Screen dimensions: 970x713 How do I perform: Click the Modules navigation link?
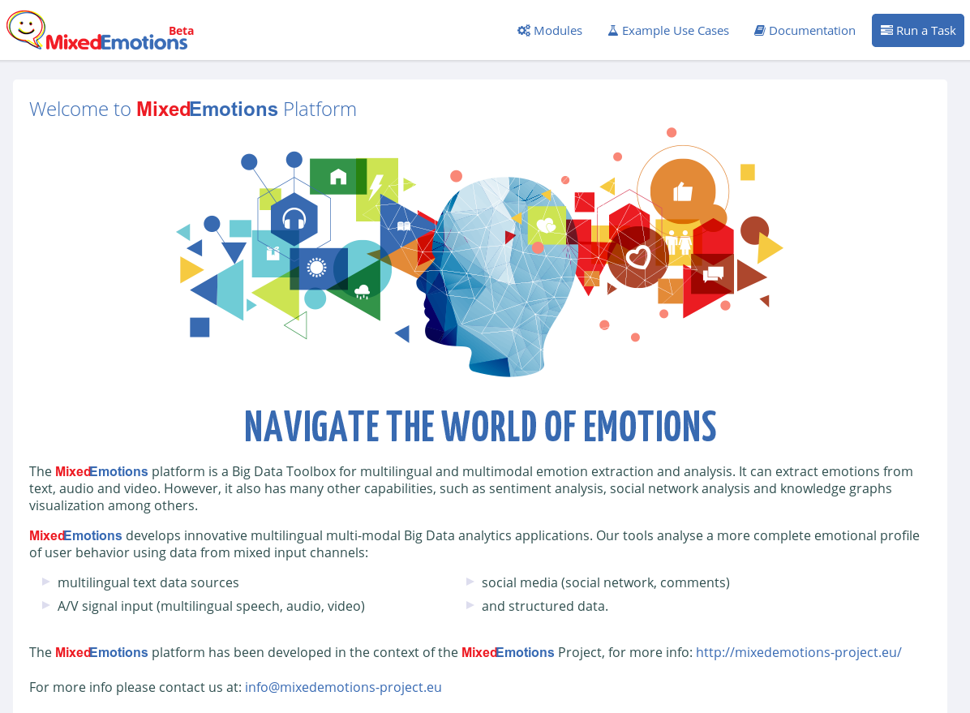550,30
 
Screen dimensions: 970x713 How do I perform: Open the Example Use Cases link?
668,30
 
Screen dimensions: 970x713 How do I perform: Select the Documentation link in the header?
805,30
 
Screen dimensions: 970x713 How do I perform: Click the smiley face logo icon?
25,28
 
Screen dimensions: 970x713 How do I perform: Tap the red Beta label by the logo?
181,31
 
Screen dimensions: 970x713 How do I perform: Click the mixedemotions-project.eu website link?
799,652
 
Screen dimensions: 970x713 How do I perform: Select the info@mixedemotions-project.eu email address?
343,687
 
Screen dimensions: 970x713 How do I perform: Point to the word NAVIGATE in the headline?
311,427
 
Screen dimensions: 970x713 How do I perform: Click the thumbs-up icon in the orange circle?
682,191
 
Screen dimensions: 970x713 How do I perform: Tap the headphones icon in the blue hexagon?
294,218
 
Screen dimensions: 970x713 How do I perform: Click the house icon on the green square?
337,177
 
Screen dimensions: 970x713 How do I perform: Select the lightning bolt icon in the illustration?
376,186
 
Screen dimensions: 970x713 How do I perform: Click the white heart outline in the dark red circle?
638,257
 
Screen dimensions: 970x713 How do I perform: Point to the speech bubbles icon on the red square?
713,273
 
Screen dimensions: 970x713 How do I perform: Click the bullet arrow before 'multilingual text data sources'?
45,582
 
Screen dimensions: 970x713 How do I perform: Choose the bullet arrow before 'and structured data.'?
470,605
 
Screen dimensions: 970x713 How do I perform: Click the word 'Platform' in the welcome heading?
320,109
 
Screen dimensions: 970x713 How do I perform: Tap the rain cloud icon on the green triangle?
362,291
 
